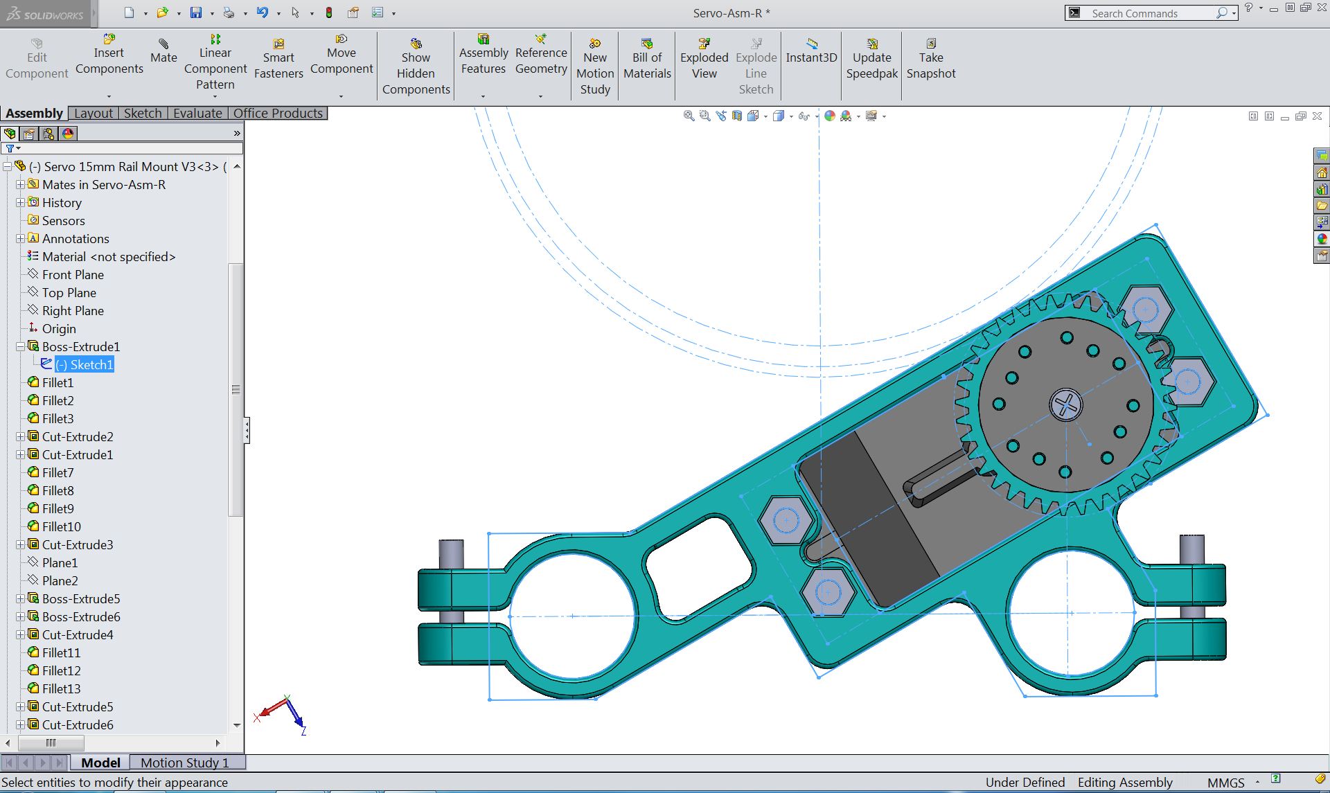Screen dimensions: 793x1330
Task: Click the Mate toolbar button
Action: click(163, 51)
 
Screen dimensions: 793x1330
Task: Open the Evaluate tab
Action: click(197, 113)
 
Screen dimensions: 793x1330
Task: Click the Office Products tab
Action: click(278, 113)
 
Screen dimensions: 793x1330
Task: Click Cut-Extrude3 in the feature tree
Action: click(78, 544)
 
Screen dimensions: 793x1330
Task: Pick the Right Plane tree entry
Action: click(73, 310)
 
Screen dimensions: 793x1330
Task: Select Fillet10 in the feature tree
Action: click(61, 526)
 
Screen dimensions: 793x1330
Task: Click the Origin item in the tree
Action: click(59, 328)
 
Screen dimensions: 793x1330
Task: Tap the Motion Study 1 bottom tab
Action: click(184, 763)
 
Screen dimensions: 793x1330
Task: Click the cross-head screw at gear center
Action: click(1066, 404)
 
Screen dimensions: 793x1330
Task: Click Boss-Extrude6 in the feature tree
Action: click(81, 616)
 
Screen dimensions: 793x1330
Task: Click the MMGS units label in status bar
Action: click(1225, 783)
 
